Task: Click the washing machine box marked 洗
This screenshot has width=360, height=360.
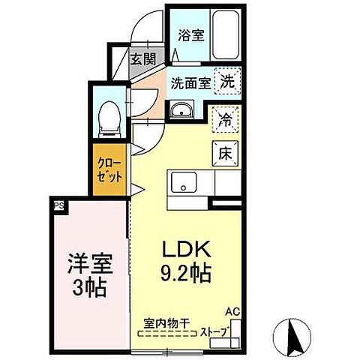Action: (x=226, y=82)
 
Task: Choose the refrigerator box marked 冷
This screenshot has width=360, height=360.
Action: (x=225, y=118)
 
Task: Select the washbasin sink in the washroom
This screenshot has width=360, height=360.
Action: (x=180, y=112)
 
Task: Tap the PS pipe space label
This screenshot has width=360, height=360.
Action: (x=58, y=204)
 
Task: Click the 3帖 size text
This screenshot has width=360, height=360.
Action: (x=89, y=286)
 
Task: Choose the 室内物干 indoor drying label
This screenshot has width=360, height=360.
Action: (x=166, y=324)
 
